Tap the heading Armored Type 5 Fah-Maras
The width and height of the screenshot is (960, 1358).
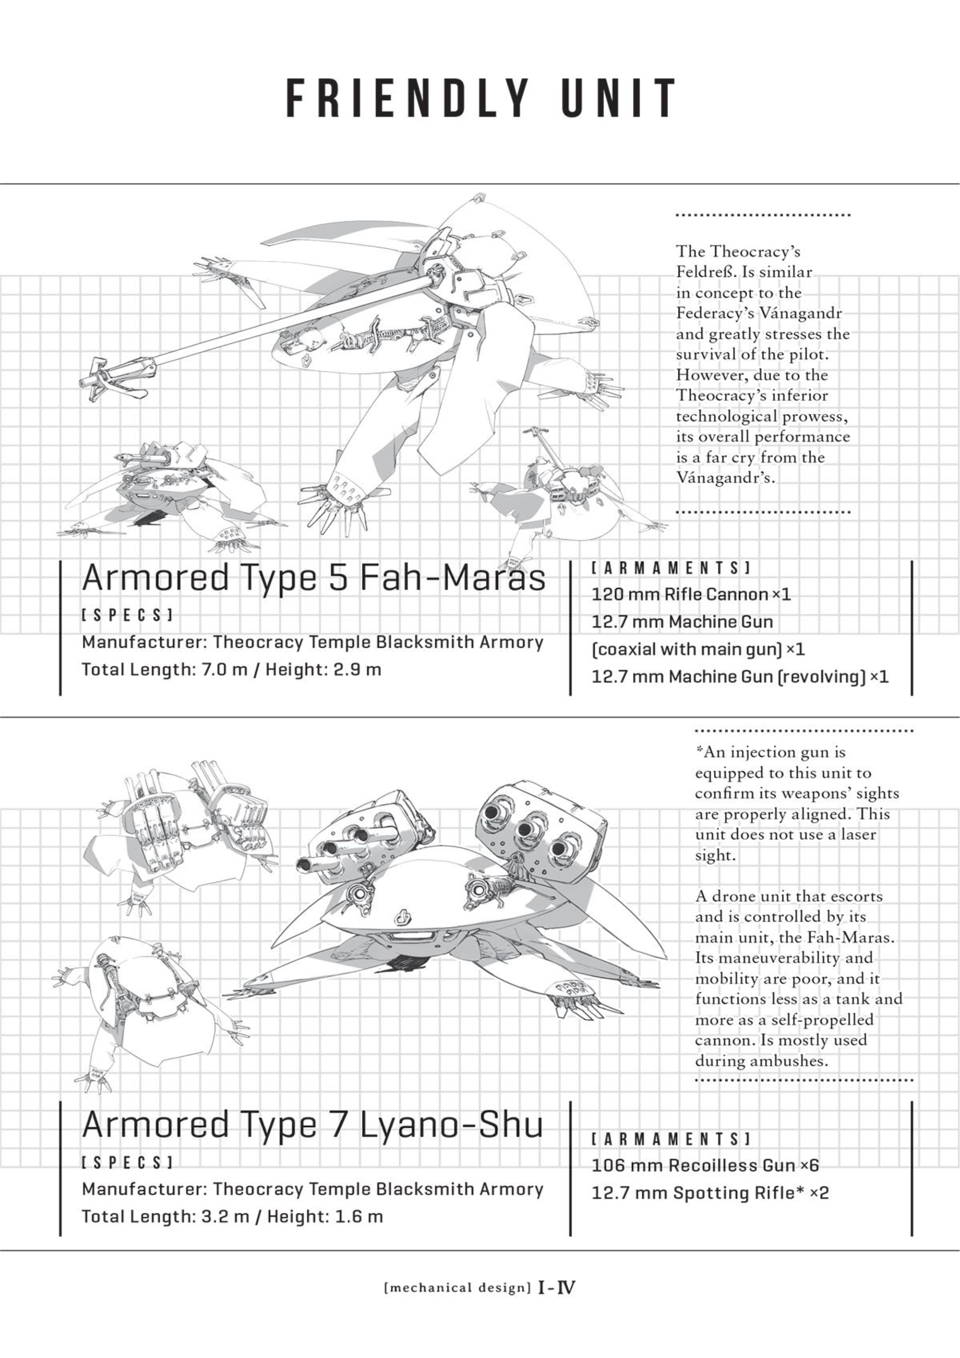[313, 577]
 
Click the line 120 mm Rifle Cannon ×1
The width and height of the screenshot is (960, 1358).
[691, 594]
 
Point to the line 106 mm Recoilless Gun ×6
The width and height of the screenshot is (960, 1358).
[705, 1165]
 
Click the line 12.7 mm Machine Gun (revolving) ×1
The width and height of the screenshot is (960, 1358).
[740, 676]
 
